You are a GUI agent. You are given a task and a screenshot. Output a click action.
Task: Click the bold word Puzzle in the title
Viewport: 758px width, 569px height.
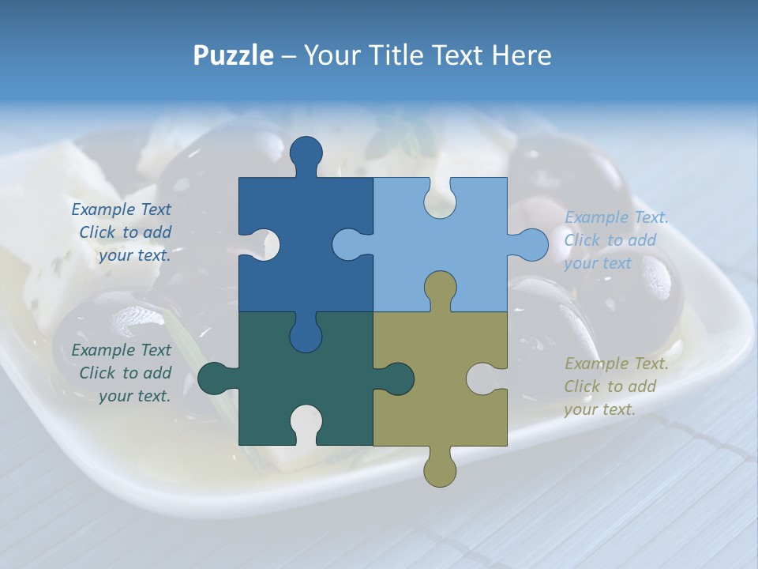point(233,55)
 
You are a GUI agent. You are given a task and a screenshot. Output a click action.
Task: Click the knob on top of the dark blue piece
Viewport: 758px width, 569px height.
point(306,154)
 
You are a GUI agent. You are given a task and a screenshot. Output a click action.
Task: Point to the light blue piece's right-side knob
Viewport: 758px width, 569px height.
point(531,244)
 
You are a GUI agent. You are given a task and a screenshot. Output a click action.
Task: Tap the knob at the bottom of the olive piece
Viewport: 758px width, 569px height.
point(440,468)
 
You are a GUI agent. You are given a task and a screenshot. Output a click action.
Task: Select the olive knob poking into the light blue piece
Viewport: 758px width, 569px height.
point(440,288)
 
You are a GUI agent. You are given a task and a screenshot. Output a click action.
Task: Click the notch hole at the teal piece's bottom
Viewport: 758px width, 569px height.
point(306,422)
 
